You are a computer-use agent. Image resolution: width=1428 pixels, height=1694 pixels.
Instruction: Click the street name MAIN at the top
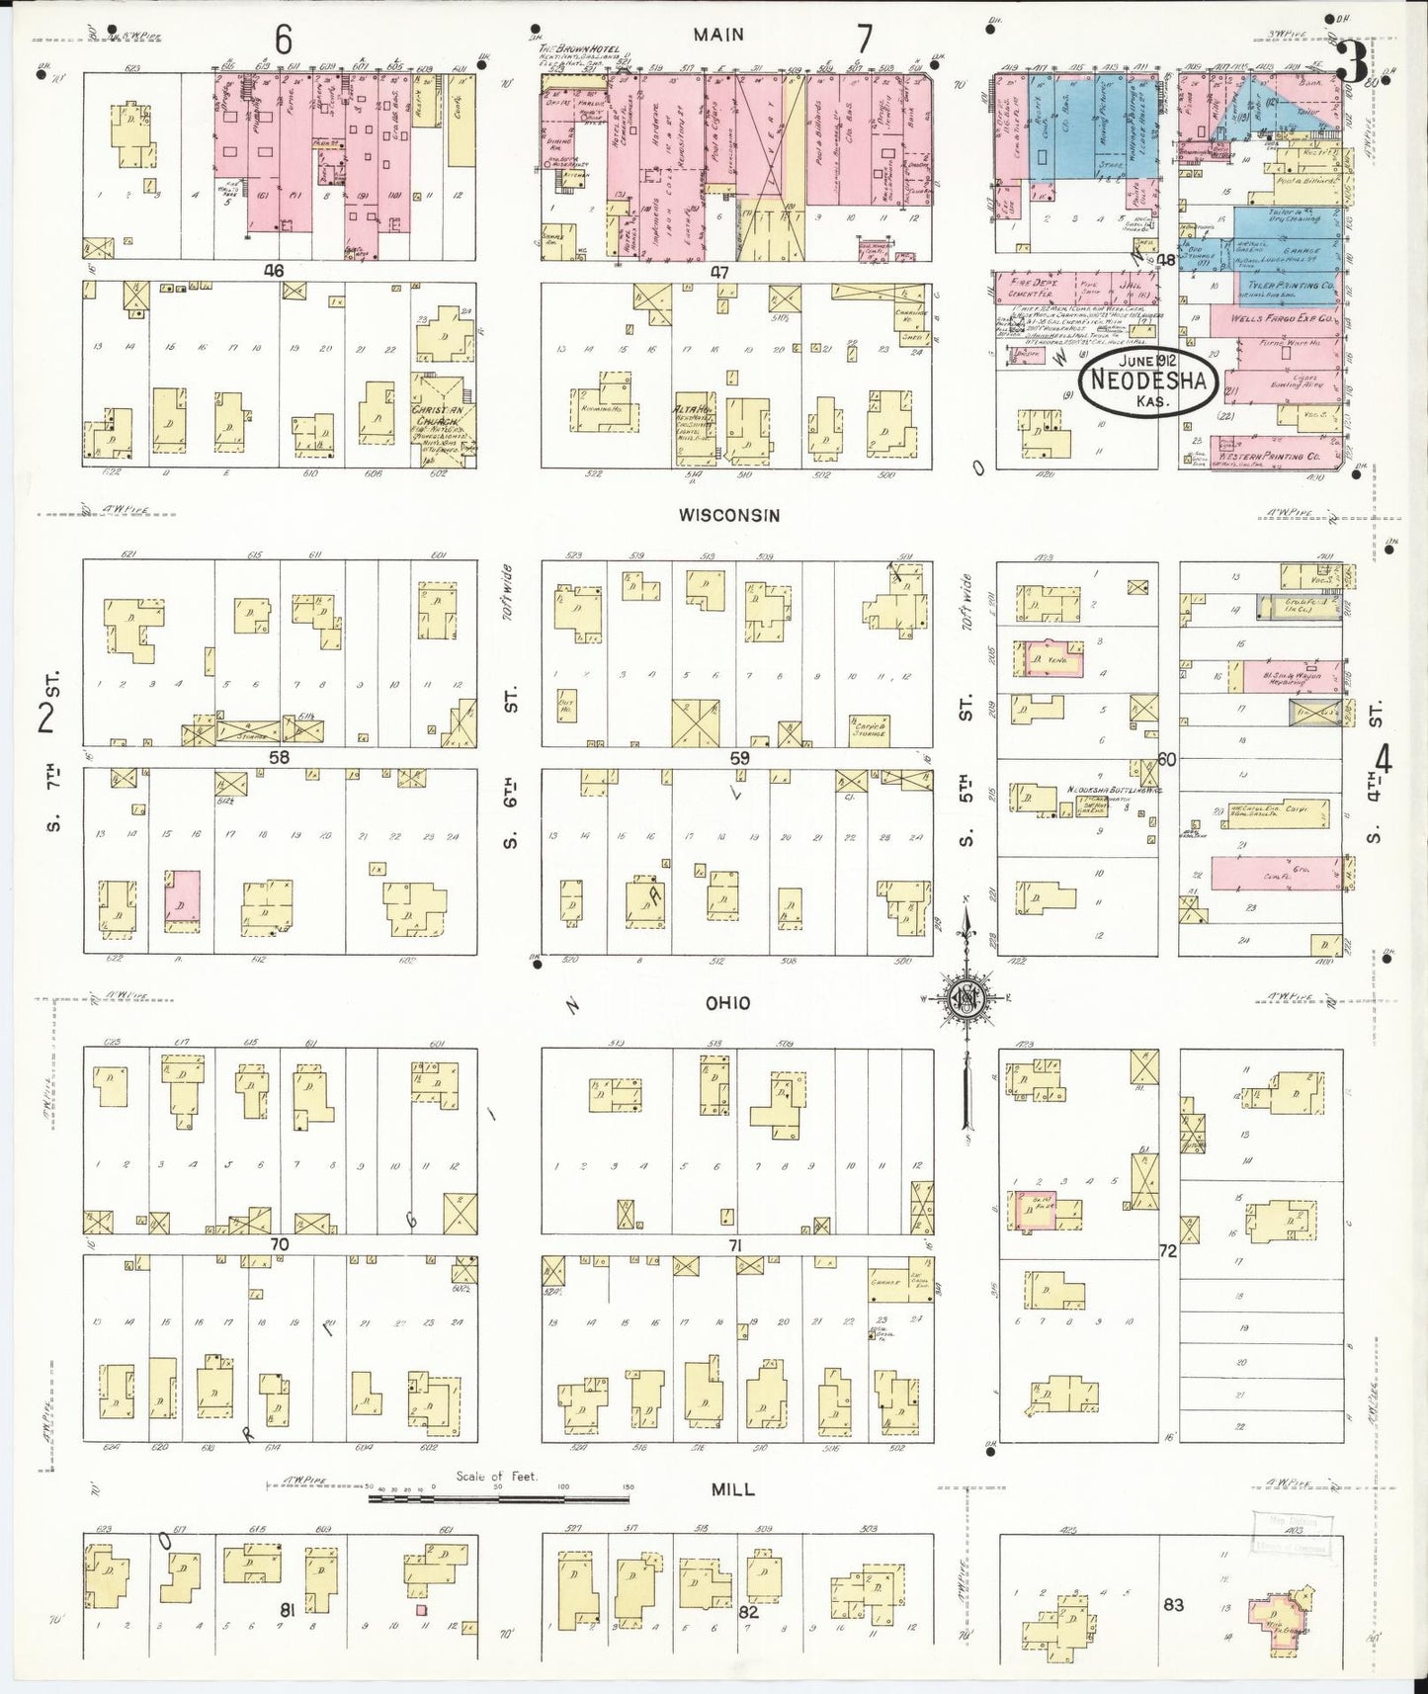(x=718, y=35)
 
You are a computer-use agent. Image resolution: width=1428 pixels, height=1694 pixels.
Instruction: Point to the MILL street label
(x=733, y=1489)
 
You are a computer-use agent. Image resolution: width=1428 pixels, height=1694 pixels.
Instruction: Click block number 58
(x=279, y=757)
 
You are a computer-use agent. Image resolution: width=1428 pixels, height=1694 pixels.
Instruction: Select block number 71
(x=734, y=1245)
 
